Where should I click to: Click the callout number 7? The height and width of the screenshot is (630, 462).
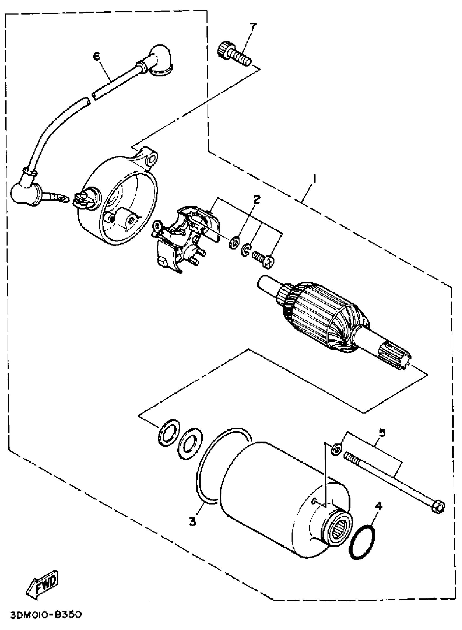tap(252, 27)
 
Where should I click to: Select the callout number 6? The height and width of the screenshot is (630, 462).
tap(96, 57)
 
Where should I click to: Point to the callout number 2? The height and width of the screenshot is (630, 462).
tap(256, 199)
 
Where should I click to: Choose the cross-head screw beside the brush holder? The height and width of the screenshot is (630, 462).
tap(264, 258)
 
